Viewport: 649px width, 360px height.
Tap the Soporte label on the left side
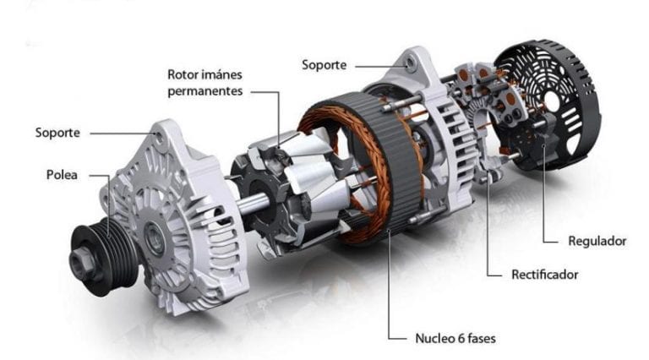click(57, 133)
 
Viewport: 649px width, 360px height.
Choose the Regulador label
click(597, 241)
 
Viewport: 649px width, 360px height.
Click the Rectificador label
click(544, 275)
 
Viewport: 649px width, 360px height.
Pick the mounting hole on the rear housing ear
click(410, 62)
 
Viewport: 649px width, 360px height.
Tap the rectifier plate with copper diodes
click(486, 110)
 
